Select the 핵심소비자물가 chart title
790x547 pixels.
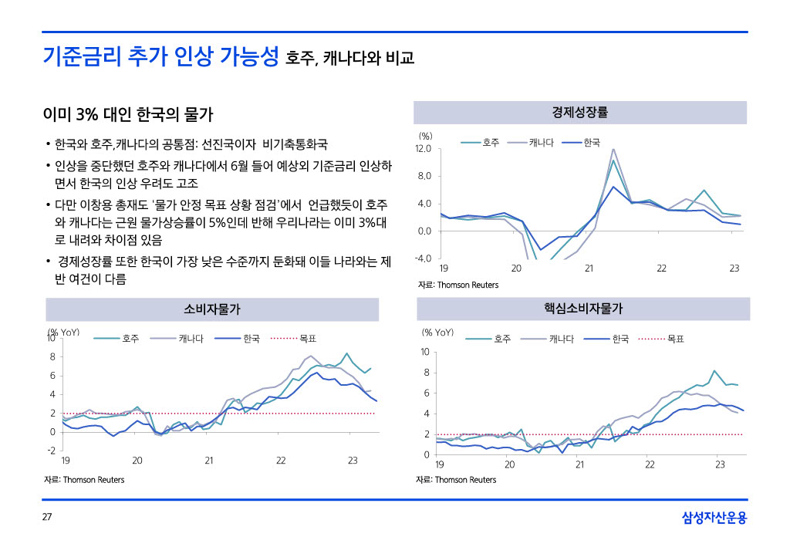[x=583, y=309]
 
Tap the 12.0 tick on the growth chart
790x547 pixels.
[x=424, y=148]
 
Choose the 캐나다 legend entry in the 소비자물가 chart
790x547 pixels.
[x=191, y=339]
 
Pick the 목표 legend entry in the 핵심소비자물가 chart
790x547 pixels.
[x=676, y=339]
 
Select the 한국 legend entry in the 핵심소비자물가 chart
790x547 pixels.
[x=620, y=339]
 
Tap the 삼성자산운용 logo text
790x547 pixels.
[x=714, y=518]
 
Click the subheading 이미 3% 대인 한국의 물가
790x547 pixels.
[x=128, y=116]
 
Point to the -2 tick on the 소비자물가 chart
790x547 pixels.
[x=51, y=450]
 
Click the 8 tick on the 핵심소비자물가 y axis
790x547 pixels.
[x=425, y=373]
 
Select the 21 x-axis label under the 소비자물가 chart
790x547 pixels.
[x=209, y=461]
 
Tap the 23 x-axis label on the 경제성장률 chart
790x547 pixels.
[x=734, y=268]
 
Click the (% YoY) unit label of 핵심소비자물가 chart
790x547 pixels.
[x=437, y=333]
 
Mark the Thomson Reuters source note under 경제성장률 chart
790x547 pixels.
[x=458, y=285]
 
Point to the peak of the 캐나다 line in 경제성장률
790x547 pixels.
[x=613, y=150]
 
